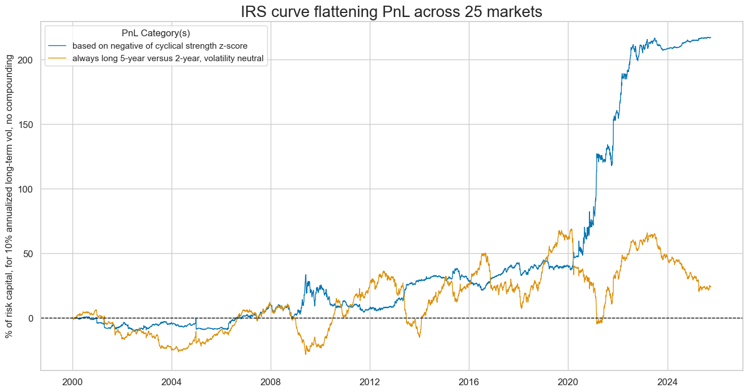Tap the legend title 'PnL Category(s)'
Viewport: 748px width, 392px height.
coord(156,33)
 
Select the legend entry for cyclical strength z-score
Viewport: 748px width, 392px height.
coord(164,46)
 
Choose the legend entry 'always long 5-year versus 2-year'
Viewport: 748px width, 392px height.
coord(172,58)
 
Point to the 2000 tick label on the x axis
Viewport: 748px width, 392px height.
coord(72,381)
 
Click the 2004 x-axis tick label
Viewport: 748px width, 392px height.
coord(172,381)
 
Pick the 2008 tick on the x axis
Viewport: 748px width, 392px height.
coord(271,381)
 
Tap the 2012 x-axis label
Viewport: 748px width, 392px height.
coord(370,381)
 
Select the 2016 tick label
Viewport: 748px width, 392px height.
coord(469,381)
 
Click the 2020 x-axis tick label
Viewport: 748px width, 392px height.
coord(568,381)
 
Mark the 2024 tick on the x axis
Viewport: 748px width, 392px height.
coord(667,381)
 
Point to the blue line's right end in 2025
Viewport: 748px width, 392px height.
coord(711,37)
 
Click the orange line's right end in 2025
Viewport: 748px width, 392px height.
coord(711,287)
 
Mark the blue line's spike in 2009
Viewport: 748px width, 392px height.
coord(306,275)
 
